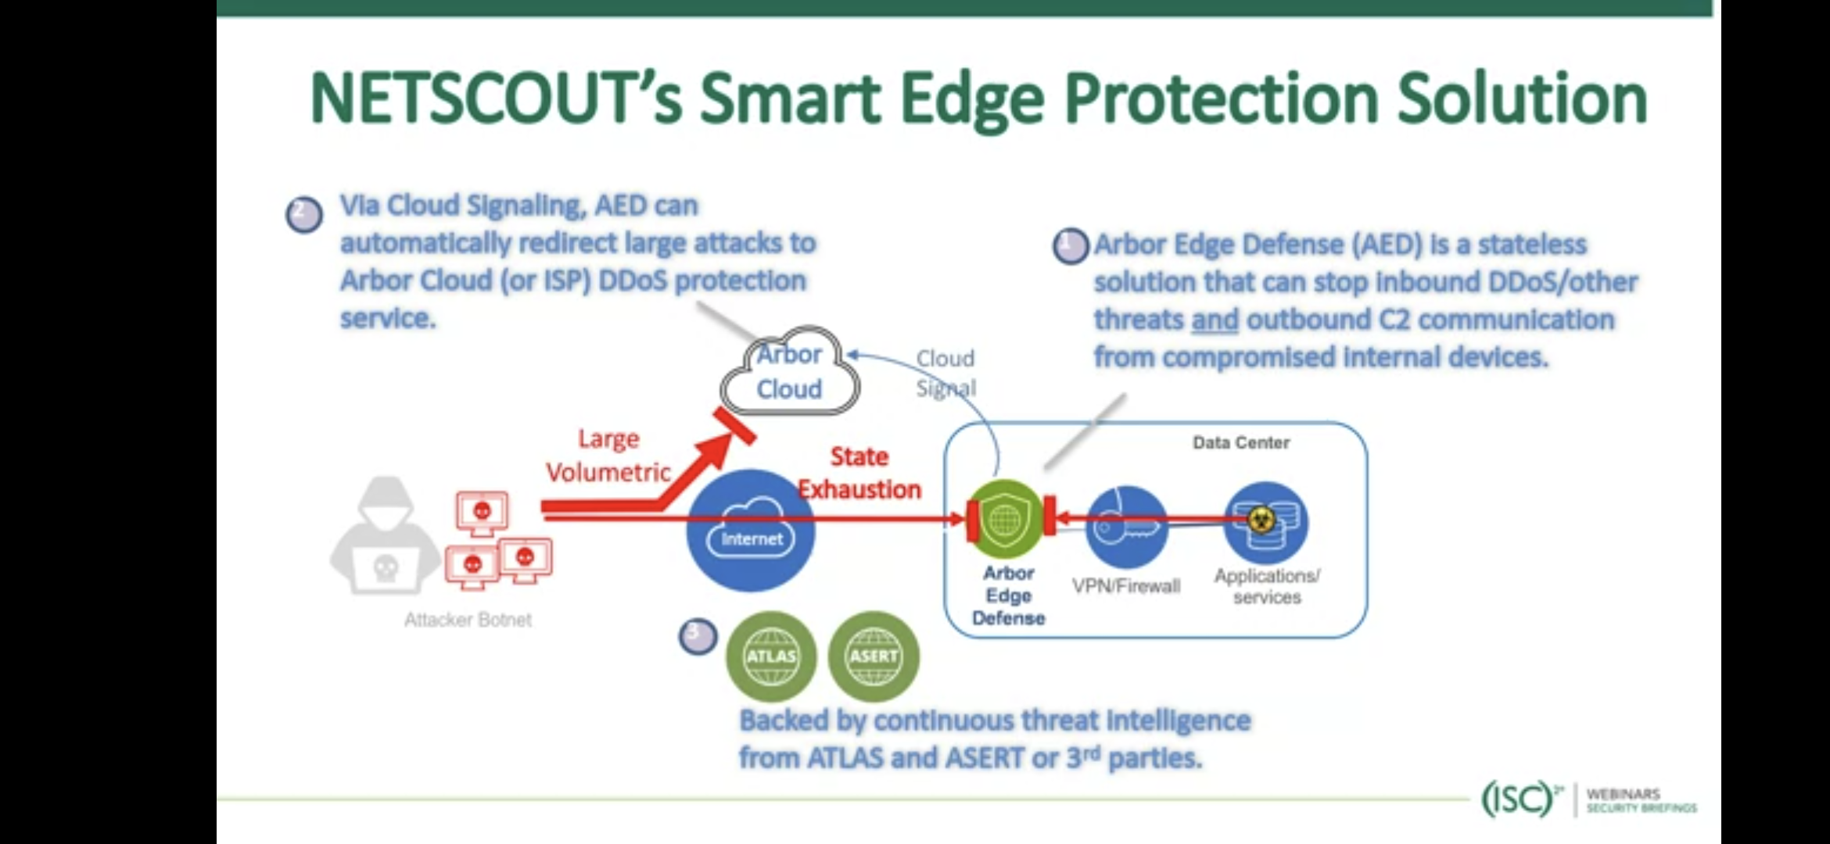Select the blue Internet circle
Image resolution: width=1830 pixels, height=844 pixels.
[x=751, y=531]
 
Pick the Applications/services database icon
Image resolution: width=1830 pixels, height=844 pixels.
[x=1265, y=523]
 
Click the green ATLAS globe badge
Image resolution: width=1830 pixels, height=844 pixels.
[x=771, y=656]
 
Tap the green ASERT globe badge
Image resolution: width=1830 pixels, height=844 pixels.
[x=874, y=656]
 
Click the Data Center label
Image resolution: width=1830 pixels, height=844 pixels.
[x=1241, y=442]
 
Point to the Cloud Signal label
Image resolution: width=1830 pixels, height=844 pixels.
[x=945, y=373]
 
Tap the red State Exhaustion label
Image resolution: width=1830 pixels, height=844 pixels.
[x=859, y=473]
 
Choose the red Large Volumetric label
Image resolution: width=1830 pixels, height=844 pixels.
[x=608, y=456]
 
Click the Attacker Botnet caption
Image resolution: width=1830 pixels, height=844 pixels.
[x=468, y=620]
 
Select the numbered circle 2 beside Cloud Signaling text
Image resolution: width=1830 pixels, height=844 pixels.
[x=304, y=214]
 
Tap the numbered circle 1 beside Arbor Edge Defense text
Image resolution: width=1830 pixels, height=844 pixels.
[x=1071, y=246]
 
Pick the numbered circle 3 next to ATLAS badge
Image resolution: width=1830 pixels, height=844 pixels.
[x=698, y=637]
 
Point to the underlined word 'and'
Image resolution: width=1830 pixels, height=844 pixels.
[x=1215, y=320]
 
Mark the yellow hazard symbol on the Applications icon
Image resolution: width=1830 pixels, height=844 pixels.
[x=1261, y=519]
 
